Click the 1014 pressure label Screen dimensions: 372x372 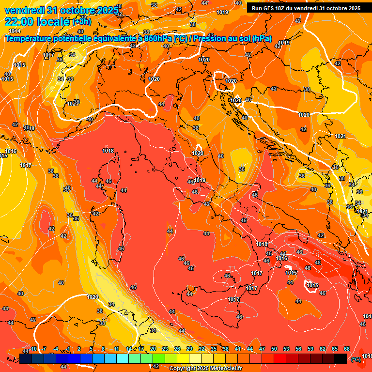click(x=15, y=31)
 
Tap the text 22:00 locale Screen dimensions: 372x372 click(x=37, y=22)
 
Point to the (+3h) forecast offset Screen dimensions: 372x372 click(x=84, y=22)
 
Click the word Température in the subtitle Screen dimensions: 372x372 click(x=29, y=39)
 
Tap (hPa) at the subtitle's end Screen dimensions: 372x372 click(x=262, y=39)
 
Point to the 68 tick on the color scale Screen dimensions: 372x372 click(x=347, y=349)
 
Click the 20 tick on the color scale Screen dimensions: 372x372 click(x=153, y=349)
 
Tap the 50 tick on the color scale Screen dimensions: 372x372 click(x=274, y=349)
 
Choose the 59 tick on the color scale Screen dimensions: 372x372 click(x=310, y=349)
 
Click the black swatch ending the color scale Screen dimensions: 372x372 click(x=341, y=358)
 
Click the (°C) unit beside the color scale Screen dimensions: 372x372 click(x=356, y=359)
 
